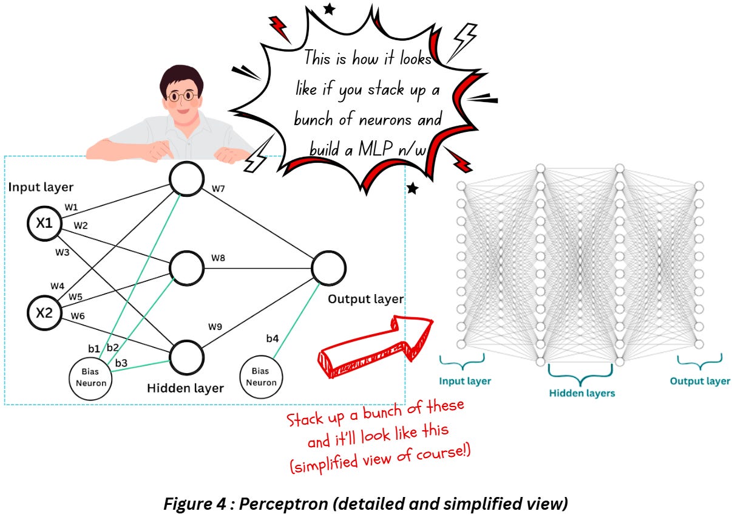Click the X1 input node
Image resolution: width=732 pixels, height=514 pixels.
[x=44, y=223]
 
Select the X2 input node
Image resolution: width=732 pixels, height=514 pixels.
[x=44, y=313]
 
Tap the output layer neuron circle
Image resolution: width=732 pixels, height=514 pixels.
[x=328, y=268]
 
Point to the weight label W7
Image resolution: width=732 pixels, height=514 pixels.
[x=219, y=190]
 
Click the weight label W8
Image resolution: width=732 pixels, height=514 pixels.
[x=219, y=258]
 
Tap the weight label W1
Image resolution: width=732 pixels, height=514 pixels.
[x=71, y=208]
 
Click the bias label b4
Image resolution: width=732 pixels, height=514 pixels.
[x=273, y=338]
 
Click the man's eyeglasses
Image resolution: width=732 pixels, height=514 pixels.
[x=181, y=96]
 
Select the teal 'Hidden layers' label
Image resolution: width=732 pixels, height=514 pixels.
[x=581, y=393]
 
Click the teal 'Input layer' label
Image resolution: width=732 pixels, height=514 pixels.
[x=465, y=382]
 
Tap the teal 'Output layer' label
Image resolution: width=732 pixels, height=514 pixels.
[x=700, y=382]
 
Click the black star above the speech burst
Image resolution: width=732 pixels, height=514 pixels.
[x=329, y=9]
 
